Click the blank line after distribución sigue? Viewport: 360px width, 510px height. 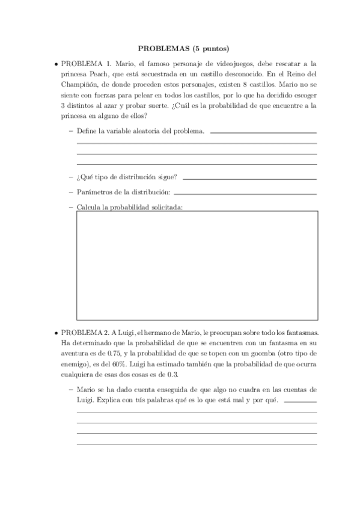coord(249,179)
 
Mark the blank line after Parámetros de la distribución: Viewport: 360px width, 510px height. coord(245,194)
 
